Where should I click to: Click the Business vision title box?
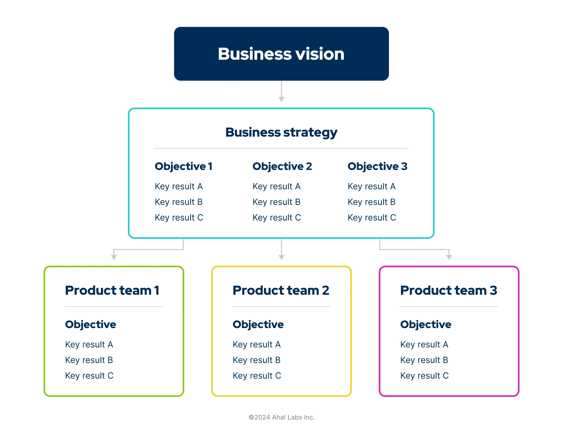pyautogui.click(x=281, y=54)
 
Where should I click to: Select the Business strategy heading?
pyautogui.click(x=281, y=133)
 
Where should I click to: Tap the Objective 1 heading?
pyautogui.click(x=184, y=166)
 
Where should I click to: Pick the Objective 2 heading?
pyautogui.click(x=282, y=166)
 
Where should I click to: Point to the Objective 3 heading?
pyautogui.click(x=377, y=166)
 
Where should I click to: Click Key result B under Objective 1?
pyautogui.click(x=179, y=202)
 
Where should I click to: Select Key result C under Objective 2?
pyautogui.click(x=277, y=218)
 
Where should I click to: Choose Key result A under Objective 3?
pyautogui.click(x=371, y=187)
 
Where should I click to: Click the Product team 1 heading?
pyautogui.click(x=112, y=290)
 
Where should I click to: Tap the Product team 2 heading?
pyautogui.click(x=281, y=290)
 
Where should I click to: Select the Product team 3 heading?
pyautogui.click(x=449, y=290)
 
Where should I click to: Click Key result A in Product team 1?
pyautogui.click(x=89, y=345)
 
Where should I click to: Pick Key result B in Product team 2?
pyautogui.click(x=257, y=360)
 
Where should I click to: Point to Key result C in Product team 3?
pyautogui.click(x=424, y=376)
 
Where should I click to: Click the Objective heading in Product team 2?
pyautogui.click(x=258, y=325)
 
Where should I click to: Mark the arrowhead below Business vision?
pyautogui.click(x=281, y=99)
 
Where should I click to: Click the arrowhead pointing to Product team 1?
pyautogui.click(x=114, y=258)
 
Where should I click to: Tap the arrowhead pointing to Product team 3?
pyautogui.click(x=449, y=258)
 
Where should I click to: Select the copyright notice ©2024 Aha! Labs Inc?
pyautogui.click(x=281, y=417)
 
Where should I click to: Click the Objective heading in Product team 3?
pyautogui.click(x=426, y=325)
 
